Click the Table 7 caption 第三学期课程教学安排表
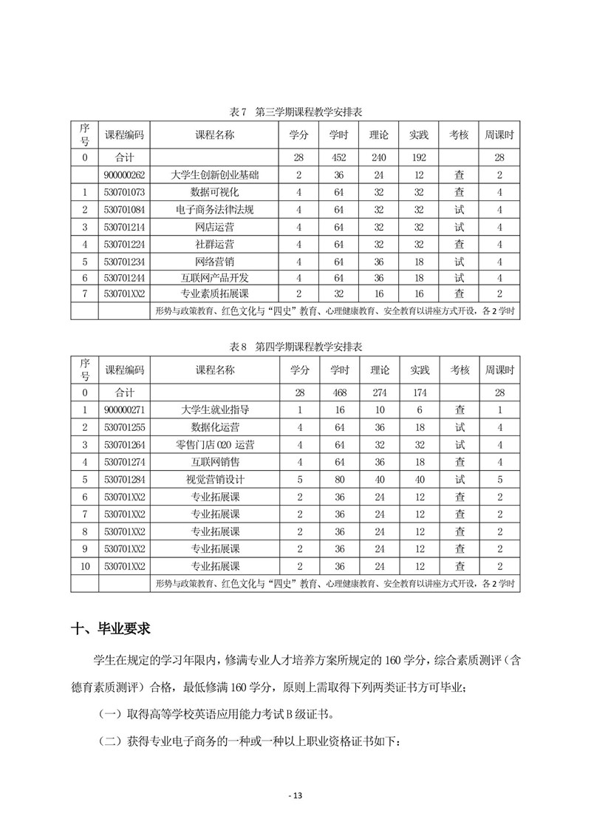click(x=295, y=112)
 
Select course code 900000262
click(x=124, y=175)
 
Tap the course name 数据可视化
click(x=215, y=192)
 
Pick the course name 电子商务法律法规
click(x=215, y=209)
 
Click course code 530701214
click(x=124, y=226)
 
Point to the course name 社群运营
click(x=215, y=243)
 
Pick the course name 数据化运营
click(x=215, y=427)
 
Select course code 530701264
click(x=124, y=444)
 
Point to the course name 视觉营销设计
click(x=215, y=479)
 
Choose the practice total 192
click(x=419, y=157)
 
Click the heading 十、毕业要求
click(x=111, y=629)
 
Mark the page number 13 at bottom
click(x=295, y=795)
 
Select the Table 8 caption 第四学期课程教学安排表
click(x=295, y=346)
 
